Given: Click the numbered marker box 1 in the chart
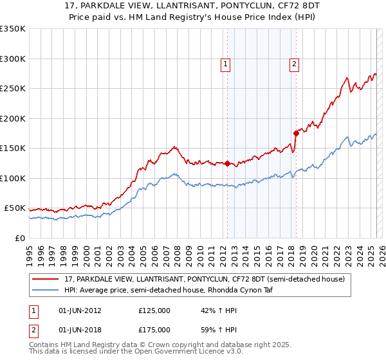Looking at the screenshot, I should (226, 64).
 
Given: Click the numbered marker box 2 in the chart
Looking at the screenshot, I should (294, 64).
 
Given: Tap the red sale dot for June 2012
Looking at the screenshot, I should (227, 163).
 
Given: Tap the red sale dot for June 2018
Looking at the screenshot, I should (296, 133).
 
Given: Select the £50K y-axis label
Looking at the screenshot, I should (15, 208).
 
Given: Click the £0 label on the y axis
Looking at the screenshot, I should (19, 238).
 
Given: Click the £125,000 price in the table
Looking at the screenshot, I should (154, 310).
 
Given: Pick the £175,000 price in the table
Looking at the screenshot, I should (154, 329).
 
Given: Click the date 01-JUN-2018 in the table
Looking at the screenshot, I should (80, 329).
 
